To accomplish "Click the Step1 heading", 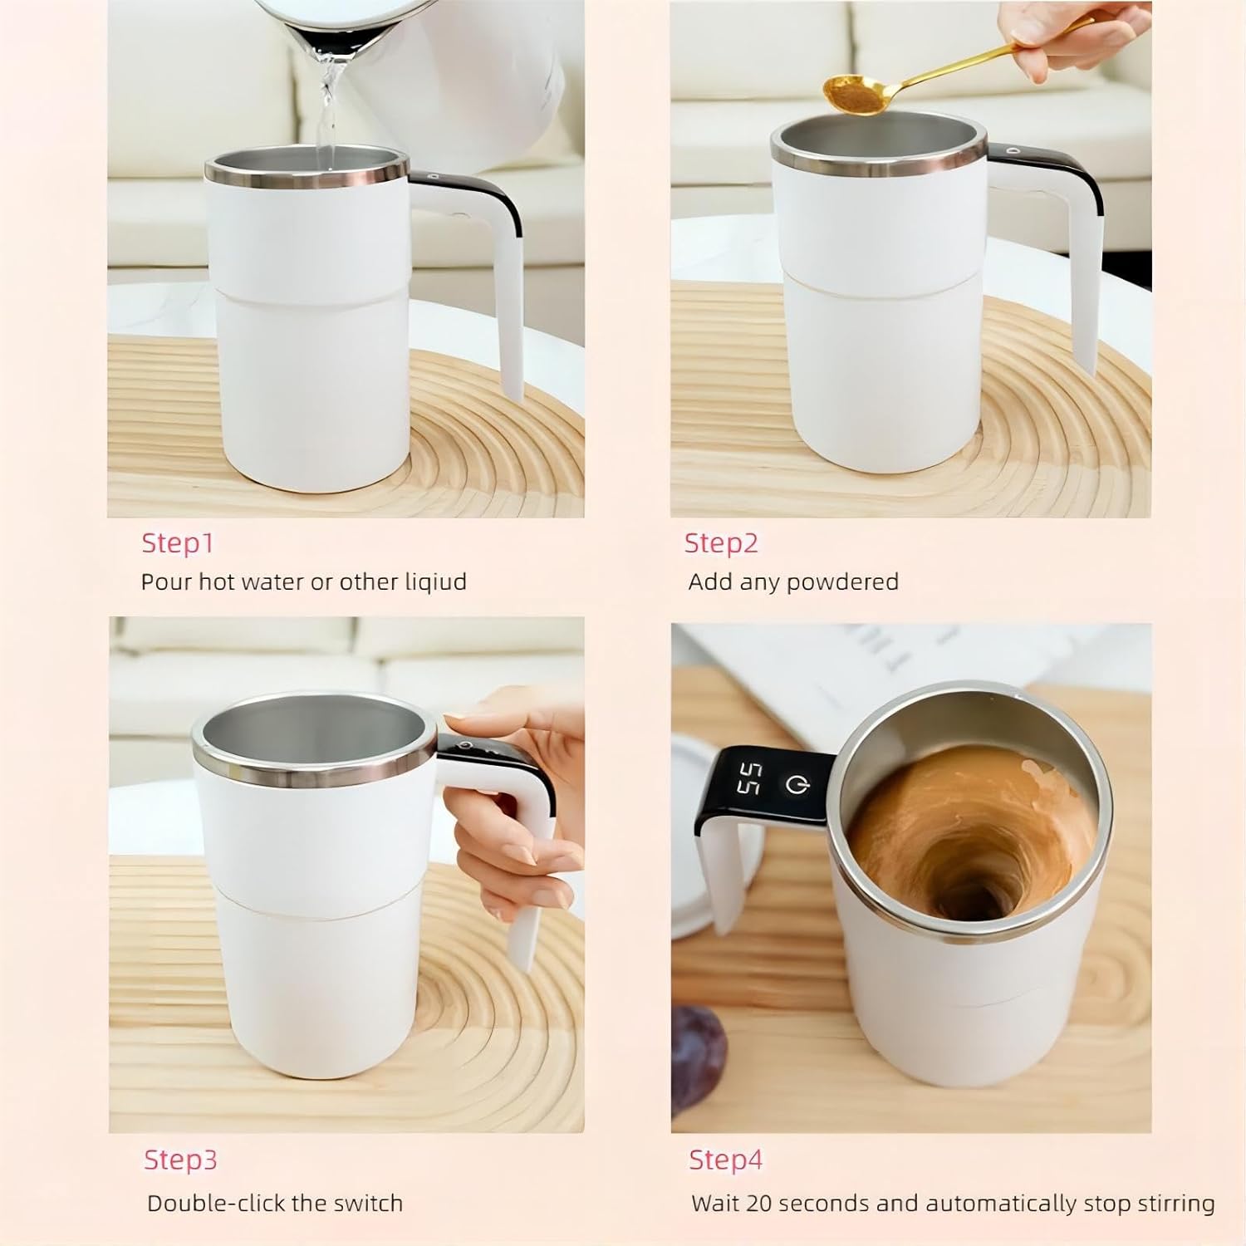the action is click(178, 543).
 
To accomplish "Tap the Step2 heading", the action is click(721, 543).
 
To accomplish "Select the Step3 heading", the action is click(180, 1160).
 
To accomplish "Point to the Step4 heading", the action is click(725, 1160).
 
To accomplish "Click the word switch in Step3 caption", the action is click(361, 1204).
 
